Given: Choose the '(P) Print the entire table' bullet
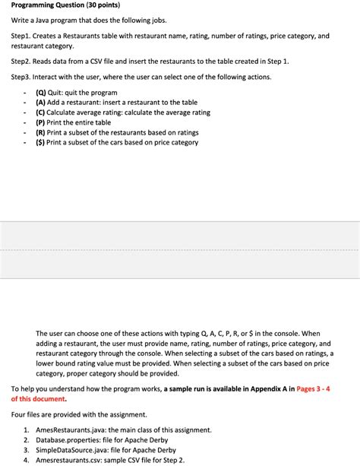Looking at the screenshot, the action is [x=73, y=122].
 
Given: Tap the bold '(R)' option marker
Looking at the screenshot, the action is [x=41, y=132].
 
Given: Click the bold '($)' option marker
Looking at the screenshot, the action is [x=40, y=142].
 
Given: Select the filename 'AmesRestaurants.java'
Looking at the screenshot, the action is [x=69, y=430].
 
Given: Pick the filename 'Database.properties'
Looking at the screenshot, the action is [x=67, y=440].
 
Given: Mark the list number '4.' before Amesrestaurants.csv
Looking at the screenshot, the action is [x=27, y=460].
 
